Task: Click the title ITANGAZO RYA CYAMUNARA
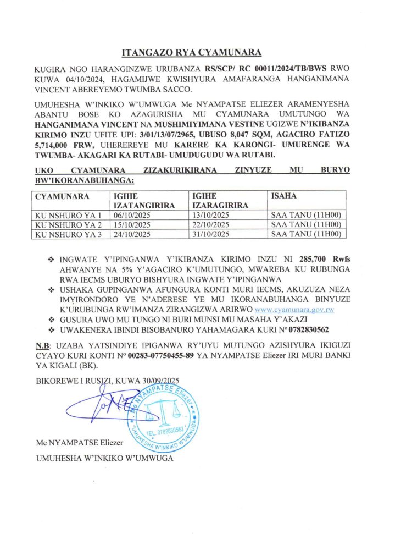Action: [x=191, y=53]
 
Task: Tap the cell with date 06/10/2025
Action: [x=131, y=215]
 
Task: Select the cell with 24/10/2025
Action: [x=131, y=234]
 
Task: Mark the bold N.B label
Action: [x=42, y=345]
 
